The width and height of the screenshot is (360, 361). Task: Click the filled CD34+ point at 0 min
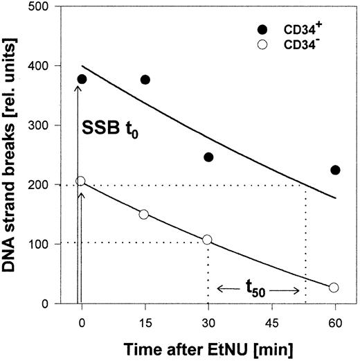(x=82, y=80)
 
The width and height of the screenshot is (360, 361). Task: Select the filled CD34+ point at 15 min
(x=145, y=80)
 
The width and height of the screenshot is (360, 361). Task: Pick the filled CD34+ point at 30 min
(x=208, y=157)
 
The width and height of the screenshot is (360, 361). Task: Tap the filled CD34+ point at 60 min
(x=335, y=170)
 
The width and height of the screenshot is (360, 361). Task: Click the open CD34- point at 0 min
(x=80, y=181)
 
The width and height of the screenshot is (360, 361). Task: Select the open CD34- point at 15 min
(x=144, y=214)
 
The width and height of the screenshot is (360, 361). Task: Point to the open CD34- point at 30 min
(x=208, y=240)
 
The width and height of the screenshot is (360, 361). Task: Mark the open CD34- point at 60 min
(x=334, y=288)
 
